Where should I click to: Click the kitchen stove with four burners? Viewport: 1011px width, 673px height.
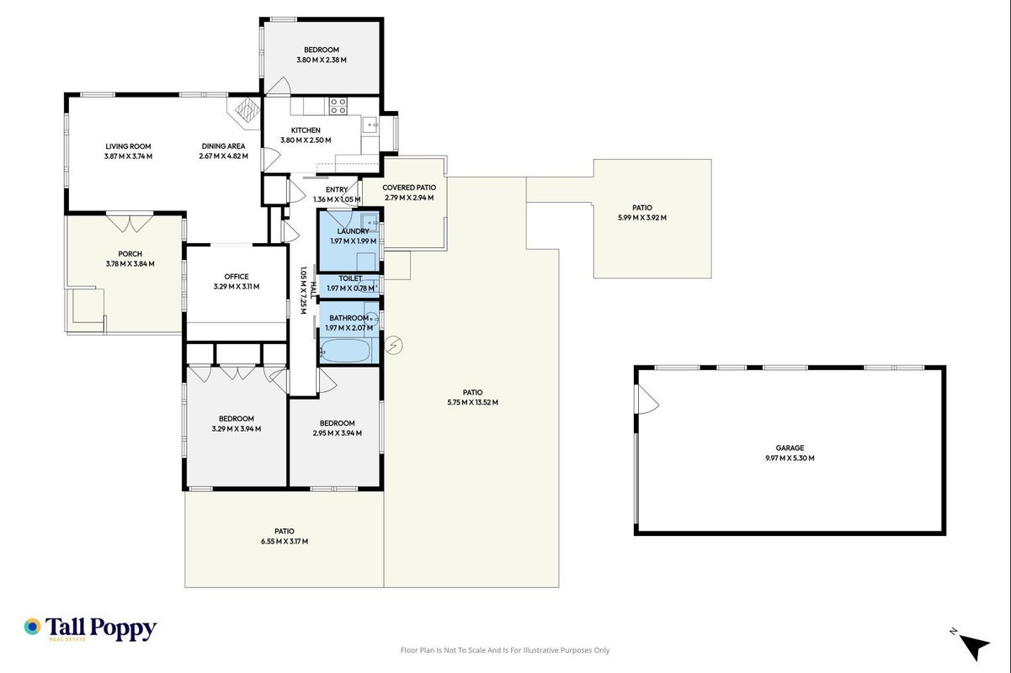coord(338,106)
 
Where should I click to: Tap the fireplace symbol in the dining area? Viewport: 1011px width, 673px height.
coord(247,109)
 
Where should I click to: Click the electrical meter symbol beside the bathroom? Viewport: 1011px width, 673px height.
coord(394,346)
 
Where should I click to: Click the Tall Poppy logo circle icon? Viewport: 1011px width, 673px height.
coord(33,627)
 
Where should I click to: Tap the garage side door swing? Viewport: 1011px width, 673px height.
coord(647,400)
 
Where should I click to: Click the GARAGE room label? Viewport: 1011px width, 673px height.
coord(790,448)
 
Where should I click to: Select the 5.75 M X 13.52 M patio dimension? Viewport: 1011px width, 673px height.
coord(472,402)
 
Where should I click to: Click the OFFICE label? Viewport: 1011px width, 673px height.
coord(237,277)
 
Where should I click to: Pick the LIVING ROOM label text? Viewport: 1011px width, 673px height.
coord(128,146)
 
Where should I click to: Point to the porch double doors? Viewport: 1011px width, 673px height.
coord(130,223)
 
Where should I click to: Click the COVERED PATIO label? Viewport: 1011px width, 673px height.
coord(409,188)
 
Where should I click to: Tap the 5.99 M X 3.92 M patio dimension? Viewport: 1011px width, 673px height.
coord(642,217)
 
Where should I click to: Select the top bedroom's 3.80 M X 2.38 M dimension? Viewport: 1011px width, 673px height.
coord(322,60)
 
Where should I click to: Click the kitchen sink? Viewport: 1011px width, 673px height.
coord(370,125)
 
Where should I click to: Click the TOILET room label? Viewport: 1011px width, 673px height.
coord(350,278)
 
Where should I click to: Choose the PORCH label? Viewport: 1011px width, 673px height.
coord(130,254)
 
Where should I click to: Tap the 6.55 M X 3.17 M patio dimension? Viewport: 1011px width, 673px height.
coord(285,541)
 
